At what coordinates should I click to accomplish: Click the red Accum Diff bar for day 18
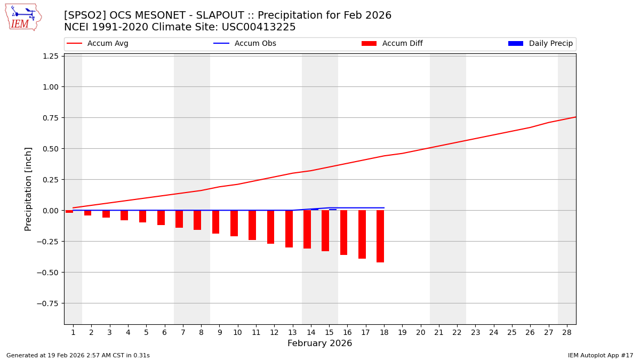(x=380, y=236)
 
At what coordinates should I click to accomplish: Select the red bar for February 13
(x=289, y=229)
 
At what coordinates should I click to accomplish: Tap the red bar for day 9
(x=215, y=222)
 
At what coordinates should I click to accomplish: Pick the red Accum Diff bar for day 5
(x=142, y=217)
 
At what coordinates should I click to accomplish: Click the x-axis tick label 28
(x=567, y=333)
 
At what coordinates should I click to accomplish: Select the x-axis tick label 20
(x=420, y=333)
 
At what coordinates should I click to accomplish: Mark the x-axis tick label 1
(x=73, y=333)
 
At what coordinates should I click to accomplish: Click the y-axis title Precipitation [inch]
(x=28, y=189)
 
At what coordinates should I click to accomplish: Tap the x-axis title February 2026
(x=319, y=343)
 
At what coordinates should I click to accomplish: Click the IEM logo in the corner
(x=23, y=17)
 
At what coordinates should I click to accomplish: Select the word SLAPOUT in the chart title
(x=203, y=15)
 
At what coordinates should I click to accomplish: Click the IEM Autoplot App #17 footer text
(x=600, y=356)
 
